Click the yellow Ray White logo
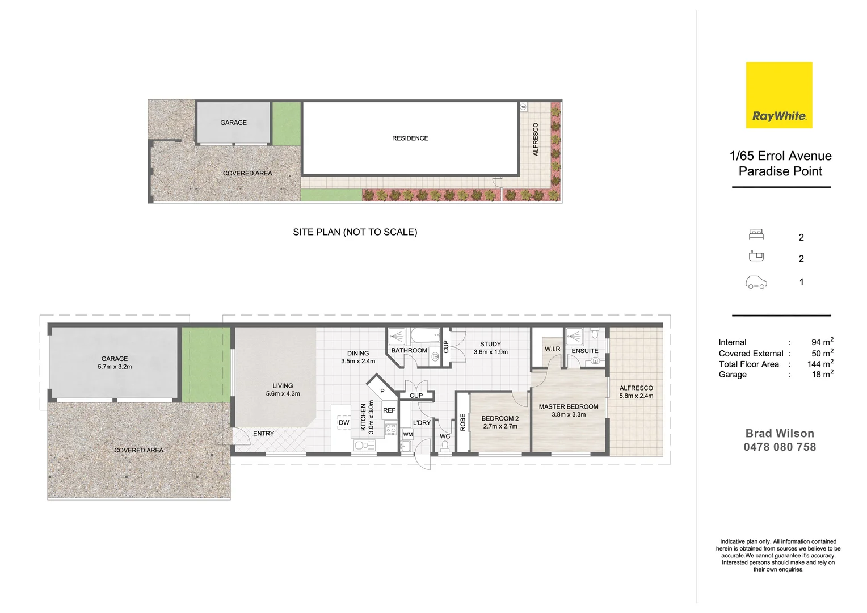pyautogui.click(x=778, y=95)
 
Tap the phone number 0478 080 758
pyautogui.click(x=780, y=447)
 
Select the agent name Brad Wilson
pyautogui.click(x=780, y=434)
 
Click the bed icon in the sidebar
pyautogui.click(x=756, y=234)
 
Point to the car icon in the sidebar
pyautogui.click(x=756, y=283)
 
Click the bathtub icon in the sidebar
pyautogui.click(x=756, y=256)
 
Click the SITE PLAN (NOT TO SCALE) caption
pyautogui.click(x=355, y=232)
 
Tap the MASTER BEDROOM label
pyautogui.click(x=569, y=407)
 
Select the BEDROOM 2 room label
pyautogui.click(x=500, y=419)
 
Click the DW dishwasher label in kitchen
pyautogui.click(x=344, y=423)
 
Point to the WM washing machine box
pyautogui.click(x=407, y=434)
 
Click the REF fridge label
pyautogui.click(x=389, y=410)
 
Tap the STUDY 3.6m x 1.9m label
pyautogui.click(x=490, y=348)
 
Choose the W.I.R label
pyautogui.click(x=552, y=349)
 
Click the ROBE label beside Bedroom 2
pyautogui.click(x=463, y=422)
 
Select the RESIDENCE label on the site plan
pyautogui.click(x=410, y=138)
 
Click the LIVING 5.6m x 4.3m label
pyautogui.click(x=283, y=389)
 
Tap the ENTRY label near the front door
pyautogui.click(x=263, y=434)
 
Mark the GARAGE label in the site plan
pyautogui.click(x=233, y=123)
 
